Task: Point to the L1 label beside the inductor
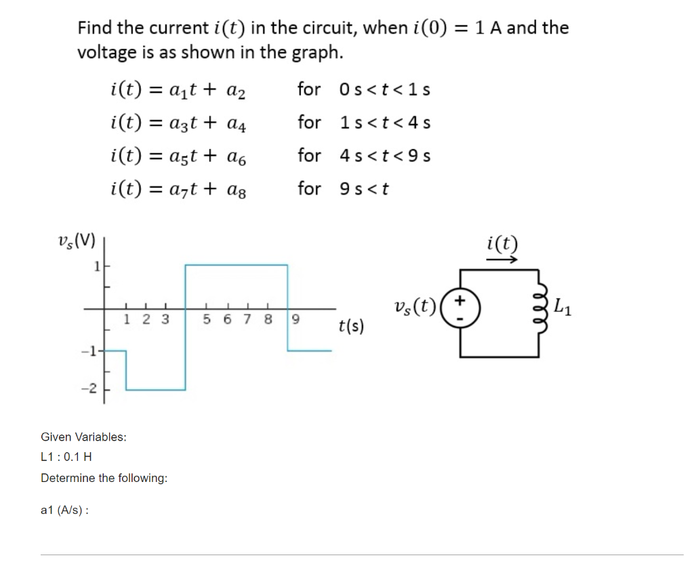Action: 561,308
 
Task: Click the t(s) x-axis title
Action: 350,327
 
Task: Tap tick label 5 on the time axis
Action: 207,319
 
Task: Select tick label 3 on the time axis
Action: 164,319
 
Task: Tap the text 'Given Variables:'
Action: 83,437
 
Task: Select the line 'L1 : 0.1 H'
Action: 66,457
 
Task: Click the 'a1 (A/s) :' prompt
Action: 64,510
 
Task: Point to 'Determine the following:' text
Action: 104,478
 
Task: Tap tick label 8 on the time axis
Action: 268,319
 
